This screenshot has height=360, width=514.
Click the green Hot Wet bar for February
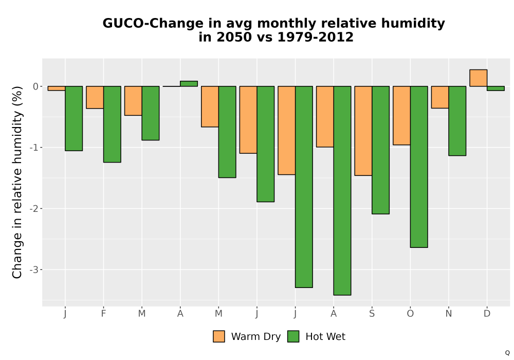pos(112,124)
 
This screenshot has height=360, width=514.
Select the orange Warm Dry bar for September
pos(363,131)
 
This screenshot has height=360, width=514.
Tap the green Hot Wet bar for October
pos(419,167)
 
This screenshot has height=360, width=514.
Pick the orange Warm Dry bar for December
pos(478,78)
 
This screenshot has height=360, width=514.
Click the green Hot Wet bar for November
pos(457,121)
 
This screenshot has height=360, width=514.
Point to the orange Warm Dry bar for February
pos(95,97)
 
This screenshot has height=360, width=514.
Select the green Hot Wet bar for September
pos(380,150)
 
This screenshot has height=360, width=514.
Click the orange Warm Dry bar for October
pos(401,115)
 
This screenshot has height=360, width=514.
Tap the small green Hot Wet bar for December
pos(495,88)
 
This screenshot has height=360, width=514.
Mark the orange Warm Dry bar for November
pos(440,97)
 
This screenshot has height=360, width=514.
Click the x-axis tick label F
pos(104,314)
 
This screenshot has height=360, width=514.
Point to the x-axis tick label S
pos(372,314)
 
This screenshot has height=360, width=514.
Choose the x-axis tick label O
pos(410,314)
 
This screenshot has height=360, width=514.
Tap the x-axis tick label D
pos(487,314)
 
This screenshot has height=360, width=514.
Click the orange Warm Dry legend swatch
pos(219,336)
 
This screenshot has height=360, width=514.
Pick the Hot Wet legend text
pos(325,336)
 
